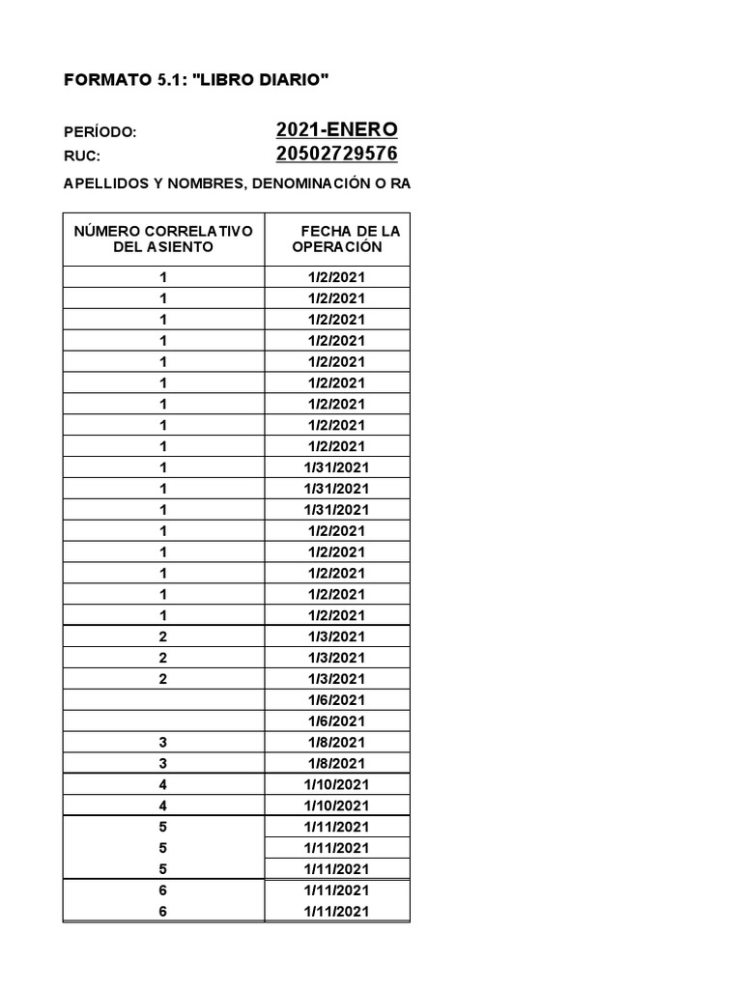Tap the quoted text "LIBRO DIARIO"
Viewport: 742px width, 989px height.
261,81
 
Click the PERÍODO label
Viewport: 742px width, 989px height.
100,132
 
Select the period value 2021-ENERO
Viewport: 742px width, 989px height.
336,130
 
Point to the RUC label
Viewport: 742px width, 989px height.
82,155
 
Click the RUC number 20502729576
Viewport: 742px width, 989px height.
336,155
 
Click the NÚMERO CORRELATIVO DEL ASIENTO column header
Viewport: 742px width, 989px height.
163,239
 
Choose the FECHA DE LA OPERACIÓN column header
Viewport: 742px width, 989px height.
337,239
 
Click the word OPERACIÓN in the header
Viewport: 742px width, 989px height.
337,247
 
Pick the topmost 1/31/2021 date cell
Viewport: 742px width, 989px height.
337,467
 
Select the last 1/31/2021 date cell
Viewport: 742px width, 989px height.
337,510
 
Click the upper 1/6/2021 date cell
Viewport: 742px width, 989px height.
337,700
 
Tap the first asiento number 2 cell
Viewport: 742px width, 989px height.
163,636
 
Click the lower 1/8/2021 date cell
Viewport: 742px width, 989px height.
337,764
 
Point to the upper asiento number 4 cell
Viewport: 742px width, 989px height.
163,785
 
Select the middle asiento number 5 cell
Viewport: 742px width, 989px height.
163,848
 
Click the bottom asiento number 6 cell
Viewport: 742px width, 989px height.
163,912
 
